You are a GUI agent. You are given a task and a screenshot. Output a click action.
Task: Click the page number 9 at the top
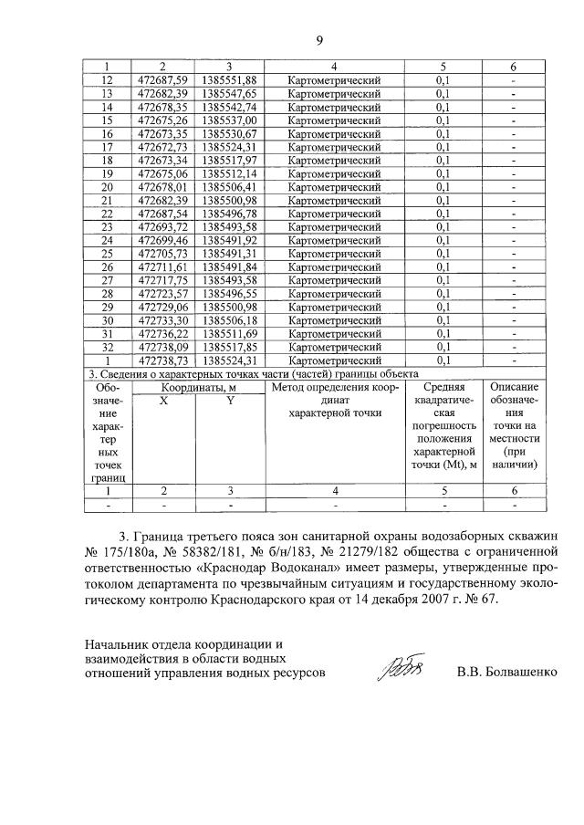point(320,39)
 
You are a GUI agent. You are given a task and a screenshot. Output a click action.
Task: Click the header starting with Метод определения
point(333,387)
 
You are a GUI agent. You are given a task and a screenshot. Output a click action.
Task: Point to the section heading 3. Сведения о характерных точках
point(252,374)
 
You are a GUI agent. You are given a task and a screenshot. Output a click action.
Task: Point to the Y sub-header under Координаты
point(231,401)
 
